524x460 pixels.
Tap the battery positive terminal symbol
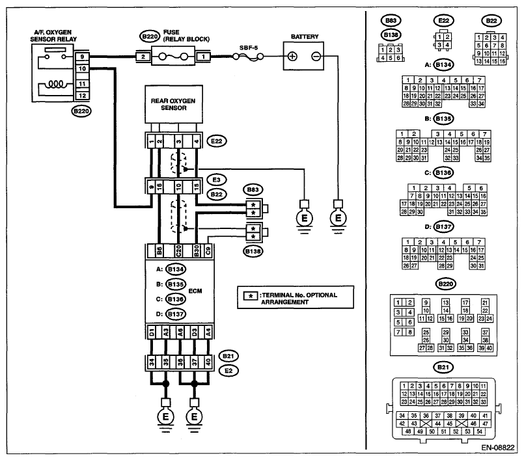pos(293,57)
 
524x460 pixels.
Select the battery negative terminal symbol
pos(315,57)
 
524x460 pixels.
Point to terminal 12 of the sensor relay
pos(83,96)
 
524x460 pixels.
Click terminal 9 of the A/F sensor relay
pos(83,58)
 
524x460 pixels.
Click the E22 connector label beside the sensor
pos(216,140)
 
